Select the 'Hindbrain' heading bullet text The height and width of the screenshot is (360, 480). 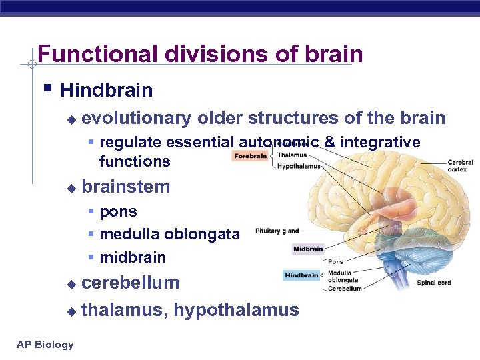tap(106, 90)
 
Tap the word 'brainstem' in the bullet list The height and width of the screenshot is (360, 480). tap(125, 187)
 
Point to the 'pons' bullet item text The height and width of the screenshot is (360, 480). tap(118, 212)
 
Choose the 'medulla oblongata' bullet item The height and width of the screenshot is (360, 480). tap(169, 234)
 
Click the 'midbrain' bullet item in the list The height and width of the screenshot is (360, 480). tap(133, 257)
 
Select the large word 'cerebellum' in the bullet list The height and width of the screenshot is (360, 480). tap(130, 283)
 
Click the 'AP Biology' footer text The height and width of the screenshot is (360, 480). tap(45, 344)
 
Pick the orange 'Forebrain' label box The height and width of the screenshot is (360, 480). tap(251, 156)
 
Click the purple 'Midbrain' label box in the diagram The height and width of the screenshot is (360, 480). tap(308, 249)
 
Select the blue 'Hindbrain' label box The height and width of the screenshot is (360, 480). tap(301, 275)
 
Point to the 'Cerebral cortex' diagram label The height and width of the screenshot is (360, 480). tap(460, 166)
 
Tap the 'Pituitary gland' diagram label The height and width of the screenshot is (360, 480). tap(277, 232)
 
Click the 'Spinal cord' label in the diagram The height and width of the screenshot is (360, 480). tap(434, 283)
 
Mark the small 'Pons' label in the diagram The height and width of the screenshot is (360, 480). tap(335, 262)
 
